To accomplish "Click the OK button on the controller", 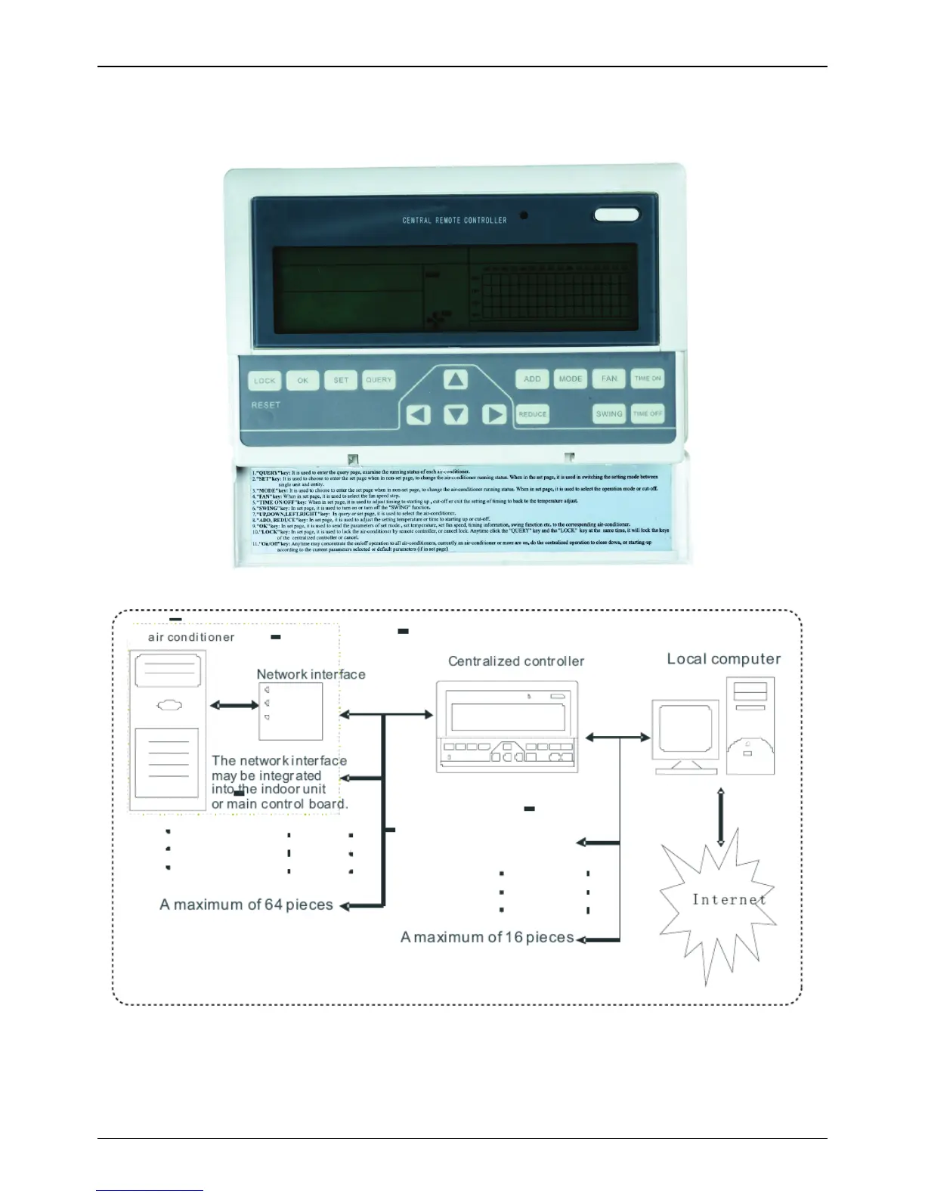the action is click(x=302, y=380).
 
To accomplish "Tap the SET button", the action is click(x=341, y=380).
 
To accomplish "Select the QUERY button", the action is click(x=379, y=379).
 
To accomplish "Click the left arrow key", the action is click(x=418, y=414).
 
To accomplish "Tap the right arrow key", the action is click(x=494, y=414).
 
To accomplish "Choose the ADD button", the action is click(x=532, y=379).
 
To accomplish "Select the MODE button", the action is click(x=571, y=379).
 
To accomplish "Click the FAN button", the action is click(x=609, y=379).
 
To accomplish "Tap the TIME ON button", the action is click(x=648, y=378).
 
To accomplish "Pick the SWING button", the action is click(x=609, y=413).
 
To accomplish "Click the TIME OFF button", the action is click(x=648, y=413).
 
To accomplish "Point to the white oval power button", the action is click(x=617, y=215).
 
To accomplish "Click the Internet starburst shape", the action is click(x=716, y=903).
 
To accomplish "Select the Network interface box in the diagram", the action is click(x=291, y=711).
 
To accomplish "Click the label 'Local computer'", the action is click(x=723, y=659).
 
